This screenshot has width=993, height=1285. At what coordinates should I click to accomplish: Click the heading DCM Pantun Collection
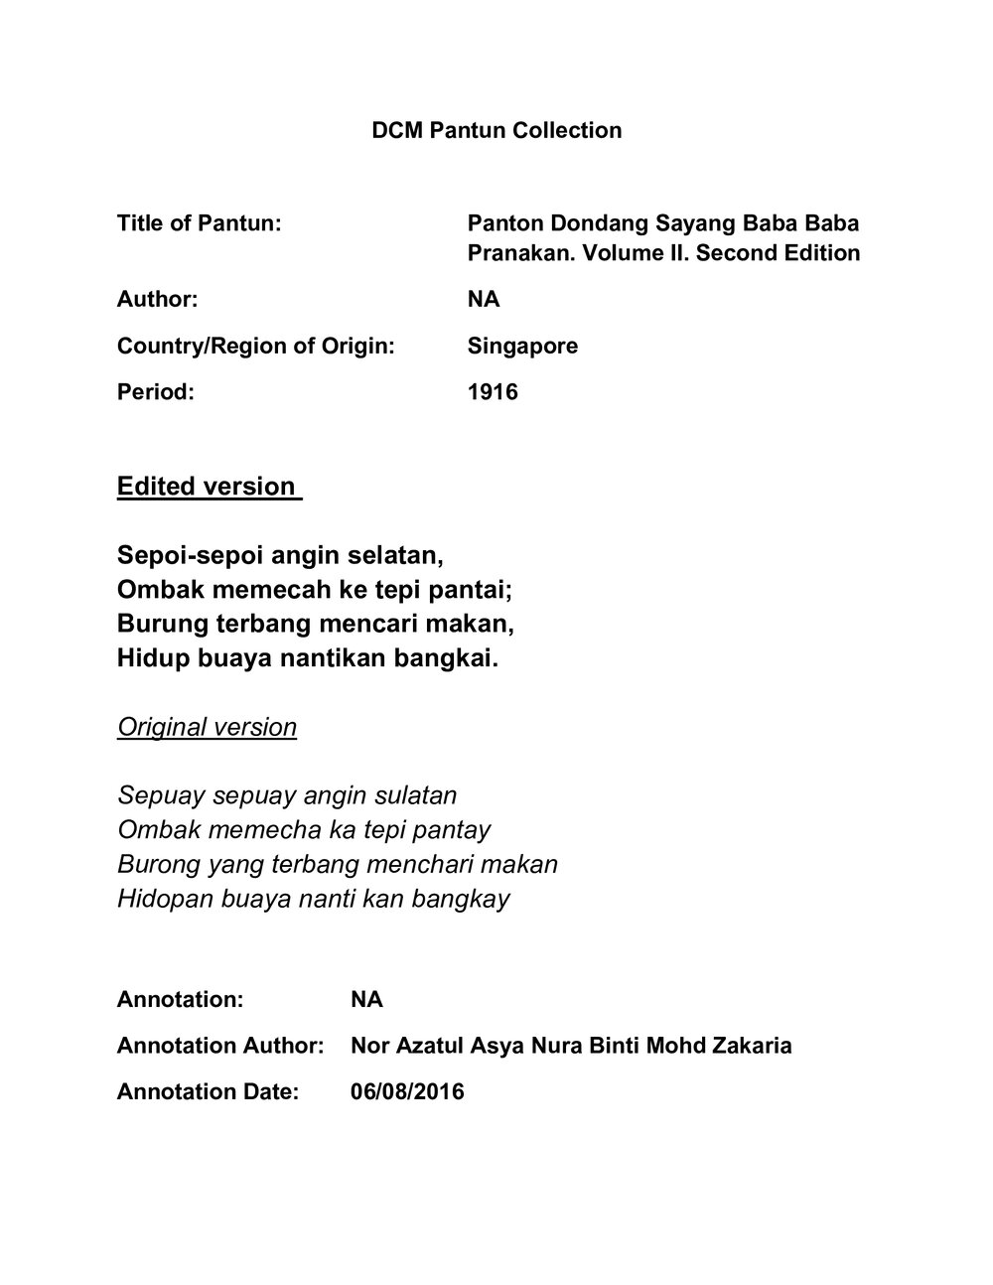[496, 130]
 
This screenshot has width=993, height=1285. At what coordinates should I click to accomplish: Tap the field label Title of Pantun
[199, 223]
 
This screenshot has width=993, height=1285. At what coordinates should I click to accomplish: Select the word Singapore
[522, 346]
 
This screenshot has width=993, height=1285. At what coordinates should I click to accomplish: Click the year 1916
[493, 392]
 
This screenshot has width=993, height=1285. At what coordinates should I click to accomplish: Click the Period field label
[155, 392]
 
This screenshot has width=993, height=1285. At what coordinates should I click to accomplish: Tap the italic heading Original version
[207, 727]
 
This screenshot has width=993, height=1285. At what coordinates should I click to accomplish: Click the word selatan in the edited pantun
[396, 552]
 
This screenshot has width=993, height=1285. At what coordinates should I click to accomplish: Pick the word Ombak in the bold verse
[154, 590]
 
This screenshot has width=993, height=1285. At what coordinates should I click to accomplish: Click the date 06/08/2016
[407, 1092]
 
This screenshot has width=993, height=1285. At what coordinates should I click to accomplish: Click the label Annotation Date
[208, 1092]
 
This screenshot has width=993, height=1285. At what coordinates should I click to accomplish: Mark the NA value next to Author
[484, 299]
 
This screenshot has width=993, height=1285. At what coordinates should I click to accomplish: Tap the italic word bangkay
[468, 899]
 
